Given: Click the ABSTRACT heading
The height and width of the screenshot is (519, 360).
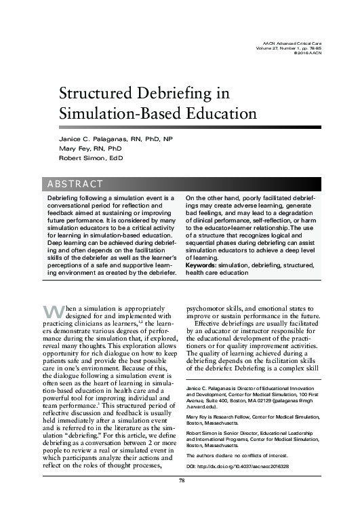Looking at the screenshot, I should click(75, 184).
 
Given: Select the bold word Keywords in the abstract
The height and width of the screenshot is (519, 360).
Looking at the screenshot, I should click(203, 265).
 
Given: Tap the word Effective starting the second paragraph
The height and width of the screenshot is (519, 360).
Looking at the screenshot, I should click(212, 323).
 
